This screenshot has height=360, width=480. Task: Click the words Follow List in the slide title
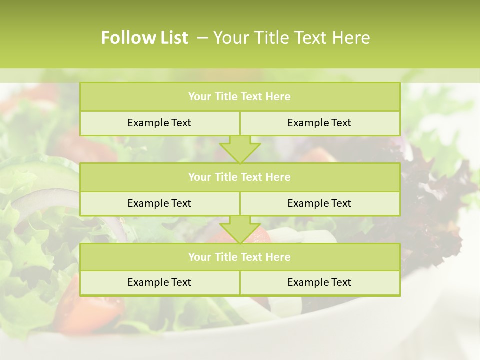coord(144,38)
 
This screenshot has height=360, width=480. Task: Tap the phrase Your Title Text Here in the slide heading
coord(292,38)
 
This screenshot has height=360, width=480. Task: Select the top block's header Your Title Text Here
coord(239,97)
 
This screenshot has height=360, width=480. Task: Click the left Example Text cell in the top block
coord(159,123)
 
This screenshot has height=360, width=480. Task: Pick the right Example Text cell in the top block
coord(319,123)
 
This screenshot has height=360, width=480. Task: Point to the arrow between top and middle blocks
coord(240,149)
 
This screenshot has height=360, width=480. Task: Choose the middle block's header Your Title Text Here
coord(239,177)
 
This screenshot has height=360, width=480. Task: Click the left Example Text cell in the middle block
coord(159,203)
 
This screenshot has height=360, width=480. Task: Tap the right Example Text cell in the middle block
coord(319,203)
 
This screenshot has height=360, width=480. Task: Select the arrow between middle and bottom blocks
coord(240,229)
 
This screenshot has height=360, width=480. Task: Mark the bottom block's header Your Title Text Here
coord(239,257)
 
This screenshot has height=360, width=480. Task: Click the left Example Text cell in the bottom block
coord(159,282)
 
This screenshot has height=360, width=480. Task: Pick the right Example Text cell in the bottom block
coord(319,282)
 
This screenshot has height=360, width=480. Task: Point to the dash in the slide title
coord(202,38)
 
